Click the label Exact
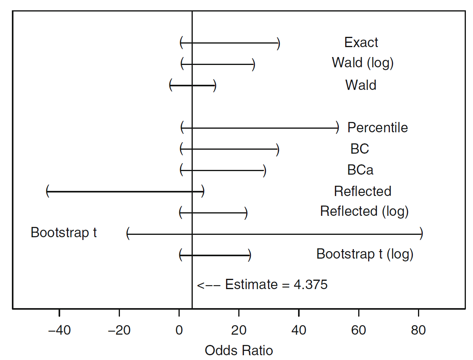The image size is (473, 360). [361, 42]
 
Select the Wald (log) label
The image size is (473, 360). [363, 63]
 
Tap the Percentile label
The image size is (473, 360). [377, 128]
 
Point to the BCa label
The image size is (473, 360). [360, 170]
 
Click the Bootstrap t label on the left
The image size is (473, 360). [64, 232]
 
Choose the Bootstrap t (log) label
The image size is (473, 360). [365, 254]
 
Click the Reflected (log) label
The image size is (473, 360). [364, 211]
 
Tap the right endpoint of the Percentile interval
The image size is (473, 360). [337, 128]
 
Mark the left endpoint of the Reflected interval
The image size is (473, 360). [47, 192]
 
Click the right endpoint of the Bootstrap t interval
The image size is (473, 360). [421, 234]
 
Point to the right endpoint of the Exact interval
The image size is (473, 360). [278, 43]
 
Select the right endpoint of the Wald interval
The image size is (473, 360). [215, 86]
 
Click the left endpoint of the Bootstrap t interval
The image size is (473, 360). [128, 234]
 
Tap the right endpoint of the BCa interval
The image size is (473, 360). [264, 171]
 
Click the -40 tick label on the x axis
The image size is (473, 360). [59, 330]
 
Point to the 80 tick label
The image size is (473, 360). [418, 330]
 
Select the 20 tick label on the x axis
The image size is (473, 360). [239, 330]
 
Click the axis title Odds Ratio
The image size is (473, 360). [239, 350]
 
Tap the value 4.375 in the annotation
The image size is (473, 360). [310, 284]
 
